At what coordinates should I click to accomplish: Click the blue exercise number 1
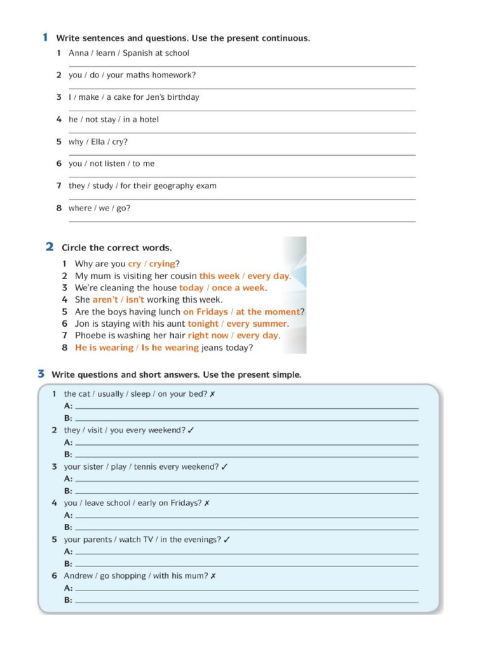point(45,38)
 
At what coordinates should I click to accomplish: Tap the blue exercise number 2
point(49,247)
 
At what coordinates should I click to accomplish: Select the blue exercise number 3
point(41,374)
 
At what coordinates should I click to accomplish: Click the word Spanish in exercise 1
point(138,53)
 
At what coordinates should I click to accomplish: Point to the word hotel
point(148,120)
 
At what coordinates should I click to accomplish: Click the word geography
point(176,186)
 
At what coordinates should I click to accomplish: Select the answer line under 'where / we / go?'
point(241,221)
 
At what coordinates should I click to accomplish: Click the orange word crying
point(161,264)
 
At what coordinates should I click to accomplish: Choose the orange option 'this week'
point(219,276)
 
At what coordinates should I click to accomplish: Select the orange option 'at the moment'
point(268,312)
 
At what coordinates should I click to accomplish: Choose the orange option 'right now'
point(208,336)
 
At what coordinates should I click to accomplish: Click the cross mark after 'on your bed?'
point(212,394)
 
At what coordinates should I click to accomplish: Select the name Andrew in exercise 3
point(78,576)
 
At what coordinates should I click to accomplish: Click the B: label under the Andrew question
point(68,600)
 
